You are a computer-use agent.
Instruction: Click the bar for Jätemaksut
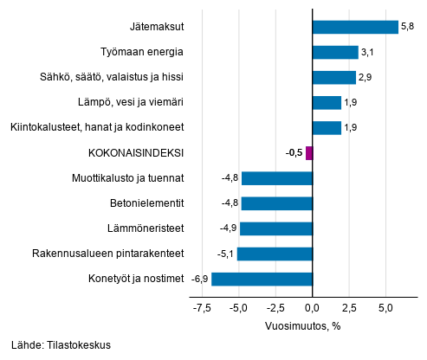pyautogui.click(x=355, y=27)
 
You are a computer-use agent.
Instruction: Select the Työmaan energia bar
pyautogui.click(x=335, y=52)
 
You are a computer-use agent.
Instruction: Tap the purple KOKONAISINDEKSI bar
pyautogui.click(x=309, y=153)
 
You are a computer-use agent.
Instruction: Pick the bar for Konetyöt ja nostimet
pyautogui.click(x=262, y=279)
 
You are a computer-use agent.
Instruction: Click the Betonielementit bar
pyautogui.click(x=277, y=203)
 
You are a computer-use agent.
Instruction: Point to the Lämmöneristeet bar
pyautogui.click(x=276, y=228)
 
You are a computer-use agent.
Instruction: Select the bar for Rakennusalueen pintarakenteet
pyautogui.click(x=275, y=254)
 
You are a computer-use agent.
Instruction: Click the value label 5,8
pyautogui.click(x=408, y=27)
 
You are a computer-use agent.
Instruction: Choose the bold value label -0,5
pyautogui.click(x=294, y=153)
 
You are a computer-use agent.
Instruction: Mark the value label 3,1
pyautogui.click(x=368, y=52)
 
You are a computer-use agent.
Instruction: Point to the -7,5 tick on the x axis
pyautogui.click(x=203, y=307)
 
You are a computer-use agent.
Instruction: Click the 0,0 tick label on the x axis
pyautogui.click(x=312, y=307)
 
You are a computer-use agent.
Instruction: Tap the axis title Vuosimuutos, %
pyautogui.click(x=303, y=325)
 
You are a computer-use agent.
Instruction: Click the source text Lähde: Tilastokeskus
pyautogui.click(x=61, y=345)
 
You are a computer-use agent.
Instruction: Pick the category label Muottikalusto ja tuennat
pyautogui.click(x=127, y=178)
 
